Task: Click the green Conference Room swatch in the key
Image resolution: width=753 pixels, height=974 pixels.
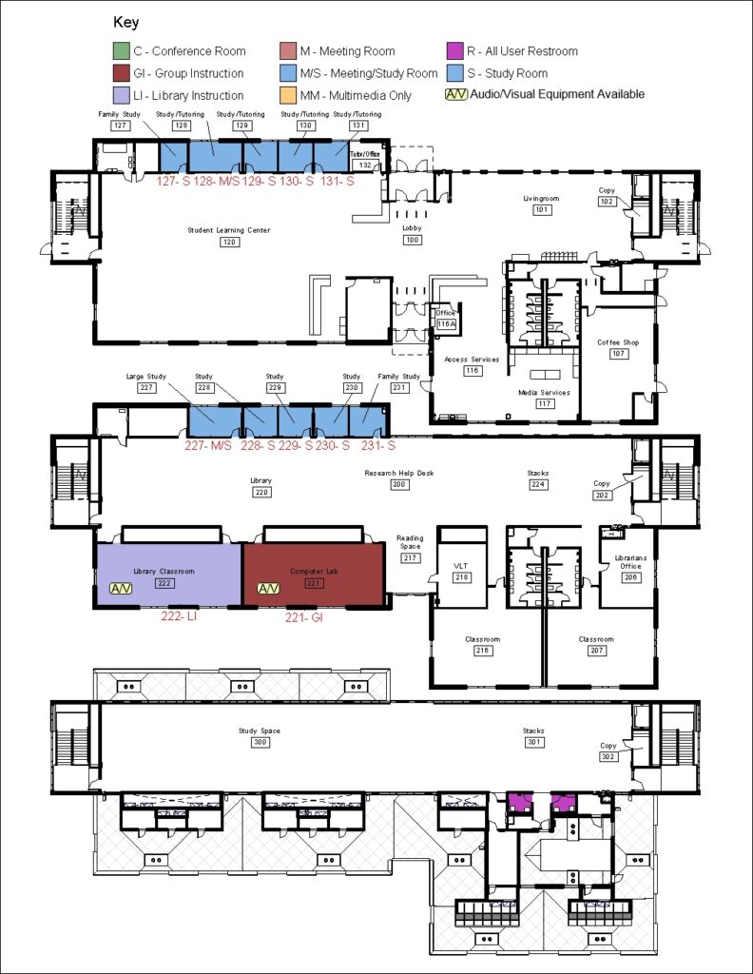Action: click(x=120, y=51)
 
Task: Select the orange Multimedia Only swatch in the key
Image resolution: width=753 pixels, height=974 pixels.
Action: click(x=289, y=95)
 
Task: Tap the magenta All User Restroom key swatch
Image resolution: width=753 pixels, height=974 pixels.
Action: click(x=455, y=51)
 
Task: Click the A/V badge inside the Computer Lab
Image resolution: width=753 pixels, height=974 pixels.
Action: click(x=269, y=588)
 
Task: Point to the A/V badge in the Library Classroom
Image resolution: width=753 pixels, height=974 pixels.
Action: click(x=122, y=588)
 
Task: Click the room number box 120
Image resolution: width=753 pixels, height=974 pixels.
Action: click(x=228, y=242)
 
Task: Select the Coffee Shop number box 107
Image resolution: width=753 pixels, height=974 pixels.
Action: click(x=618, y=353)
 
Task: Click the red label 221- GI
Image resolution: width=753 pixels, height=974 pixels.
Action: click(x=306, y=616)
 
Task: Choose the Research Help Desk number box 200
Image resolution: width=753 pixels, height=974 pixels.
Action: click(x=398, y=484)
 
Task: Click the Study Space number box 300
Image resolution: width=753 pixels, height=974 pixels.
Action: click(x=259, y=742)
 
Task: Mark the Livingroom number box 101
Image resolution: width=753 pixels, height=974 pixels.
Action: click(x=542, y=210)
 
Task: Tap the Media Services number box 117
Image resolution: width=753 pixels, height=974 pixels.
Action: click(x=545, y=403)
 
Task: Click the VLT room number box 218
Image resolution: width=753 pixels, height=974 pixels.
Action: click(x=462, y=577)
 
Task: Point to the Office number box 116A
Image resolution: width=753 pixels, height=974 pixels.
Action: click(x=446, y=323)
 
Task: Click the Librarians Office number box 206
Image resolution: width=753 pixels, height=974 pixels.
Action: click(x=630, y=577)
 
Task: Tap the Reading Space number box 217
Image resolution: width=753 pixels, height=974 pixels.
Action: click(x=410, y=558)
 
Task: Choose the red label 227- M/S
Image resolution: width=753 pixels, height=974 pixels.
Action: click(x=207, y=445)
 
